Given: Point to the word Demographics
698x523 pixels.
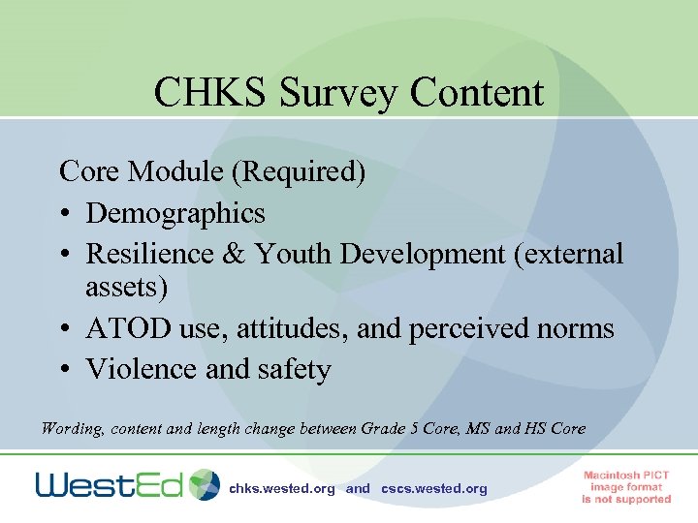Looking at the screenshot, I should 175,212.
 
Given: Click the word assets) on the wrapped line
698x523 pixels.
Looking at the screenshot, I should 127,287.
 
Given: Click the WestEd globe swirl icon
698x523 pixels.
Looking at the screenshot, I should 205,484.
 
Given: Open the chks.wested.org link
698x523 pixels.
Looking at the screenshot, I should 282,489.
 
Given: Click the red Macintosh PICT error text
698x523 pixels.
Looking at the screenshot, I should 626,487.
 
